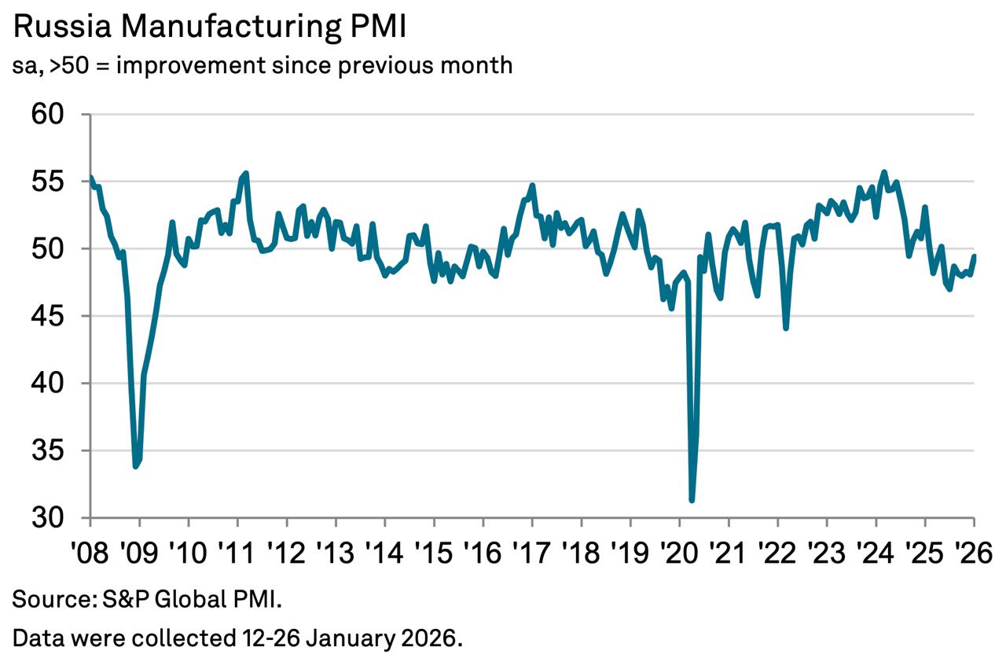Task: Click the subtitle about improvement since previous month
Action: [x=263, y=65]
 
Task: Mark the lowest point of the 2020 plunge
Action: [x=692, y=499]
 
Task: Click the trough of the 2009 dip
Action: [x=136, y=466]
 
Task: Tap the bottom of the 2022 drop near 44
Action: [x=786, y=328]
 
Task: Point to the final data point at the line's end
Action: [x=975, y=255]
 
